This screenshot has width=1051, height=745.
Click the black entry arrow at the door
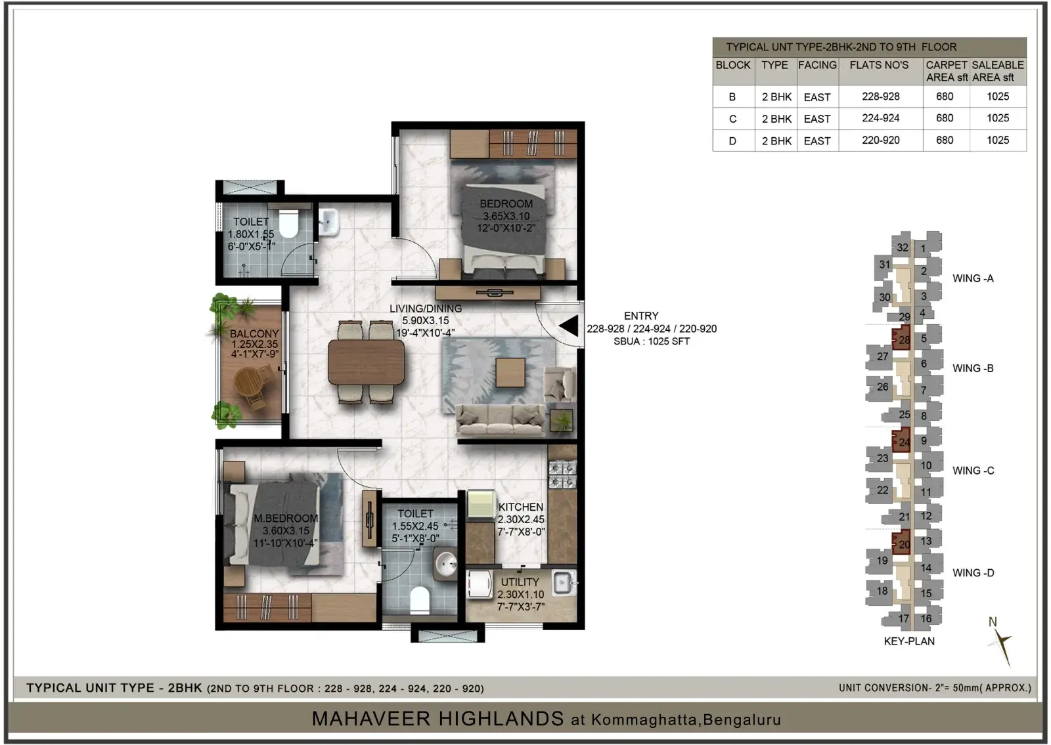pos(569,326)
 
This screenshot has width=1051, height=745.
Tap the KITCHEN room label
pos(521,507)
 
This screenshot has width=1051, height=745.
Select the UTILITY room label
pos(520,582)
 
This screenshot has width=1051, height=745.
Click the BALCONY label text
pos(254,334)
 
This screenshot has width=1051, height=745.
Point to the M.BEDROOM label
pos(286,518)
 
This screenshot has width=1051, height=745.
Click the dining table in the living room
pos(366,362)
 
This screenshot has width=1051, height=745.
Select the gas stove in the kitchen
pos(562,475)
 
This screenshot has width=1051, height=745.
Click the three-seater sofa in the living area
pos(501,420)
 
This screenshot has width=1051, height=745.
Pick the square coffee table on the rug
pos(510,372)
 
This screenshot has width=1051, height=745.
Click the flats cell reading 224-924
pos(881,118)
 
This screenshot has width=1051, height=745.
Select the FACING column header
pos(817,65)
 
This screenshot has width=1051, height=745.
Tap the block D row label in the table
pos(732,140)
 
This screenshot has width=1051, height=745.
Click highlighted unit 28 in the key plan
pos(901,337)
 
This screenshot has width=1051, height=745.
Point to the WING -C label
pos(973,471)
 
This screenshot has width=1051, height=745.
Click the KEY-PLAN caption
pos(909,641)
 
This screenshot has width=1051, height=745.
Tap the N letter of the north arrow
pos(993,622)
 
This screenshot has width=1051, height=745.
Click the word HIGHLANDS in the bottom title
pos(437,719)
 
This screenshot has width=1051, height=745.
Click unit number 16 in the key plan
pos(926,618)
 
